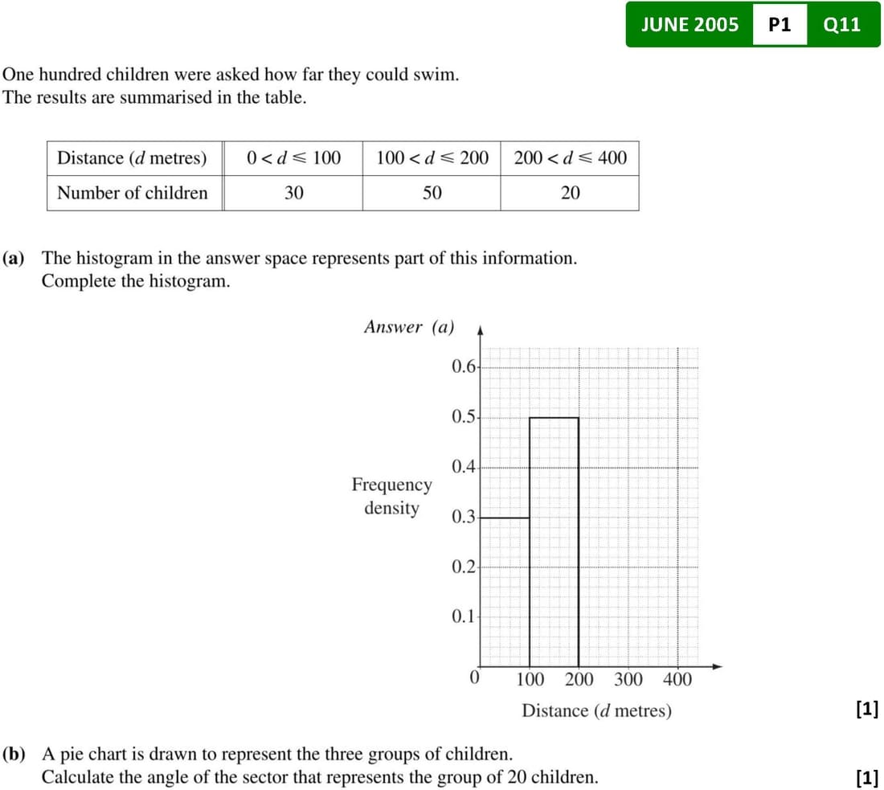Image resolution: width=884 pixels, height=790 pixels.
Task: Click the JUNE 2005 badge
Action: pyautogui.click(x=690, y=24)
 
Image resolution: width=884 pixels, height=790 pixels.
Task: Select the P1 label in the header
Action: pyautogui.click(x=780, y=24)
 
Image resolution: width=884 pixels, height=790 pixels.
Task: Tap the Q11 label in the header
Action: pyautogui.click(x=842, y=24)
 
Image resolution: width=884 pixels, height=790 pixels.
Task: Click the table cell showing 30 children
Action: pyautogui.click(x=293, y=193)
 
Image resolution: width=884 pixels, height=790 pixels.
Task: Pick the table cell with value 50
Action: pyautogui.click(x=432, y=193)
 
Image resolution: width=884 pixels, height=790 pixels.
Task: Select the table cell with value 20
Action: pyautogui.click(x=570, y=193)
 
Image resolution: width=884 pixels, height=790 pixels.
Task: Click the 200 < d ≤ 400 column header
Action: pyautogui.click(x=570, y=158)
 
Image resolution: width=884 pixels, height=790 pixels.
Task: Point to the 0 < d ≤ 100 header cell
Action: pyautogui.click(x=293, y=158)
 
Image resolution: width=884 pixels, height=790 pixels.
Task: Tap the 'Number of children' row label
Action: pyautogui.click(x=133, y=193)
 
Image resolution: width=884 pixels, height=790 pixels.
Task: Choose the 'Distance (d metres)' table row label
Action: pyautogui.click(x=132, y=158)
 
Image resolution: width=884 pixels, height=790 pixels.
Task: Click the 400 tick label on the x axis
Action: pyautogui.click(x=677, y=680)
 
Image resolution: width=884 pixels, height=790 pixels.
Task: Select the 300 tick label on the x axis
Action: pyautogui.click(x=628, y=680)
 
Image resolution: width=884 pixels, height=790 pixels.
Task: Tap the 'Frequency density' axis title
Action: pyautogui.click(x=391, y=497)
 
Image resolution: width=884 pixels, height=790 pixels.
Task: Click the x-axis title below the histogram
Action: pyautogui.click(x=596, y=710)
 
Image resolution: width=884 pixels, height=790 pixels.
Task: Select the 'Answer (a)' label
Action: pyautogui.click(x=409, y=327)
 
